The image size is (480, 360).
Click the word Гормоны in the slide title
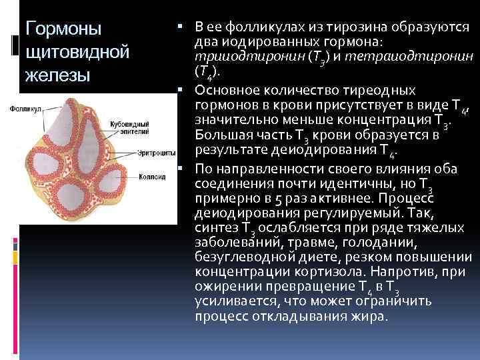click(63, 29)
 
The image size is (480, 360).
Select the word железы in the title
click(57, 75)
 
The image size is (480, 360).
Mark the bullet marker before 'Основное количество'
click(181, 89)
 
